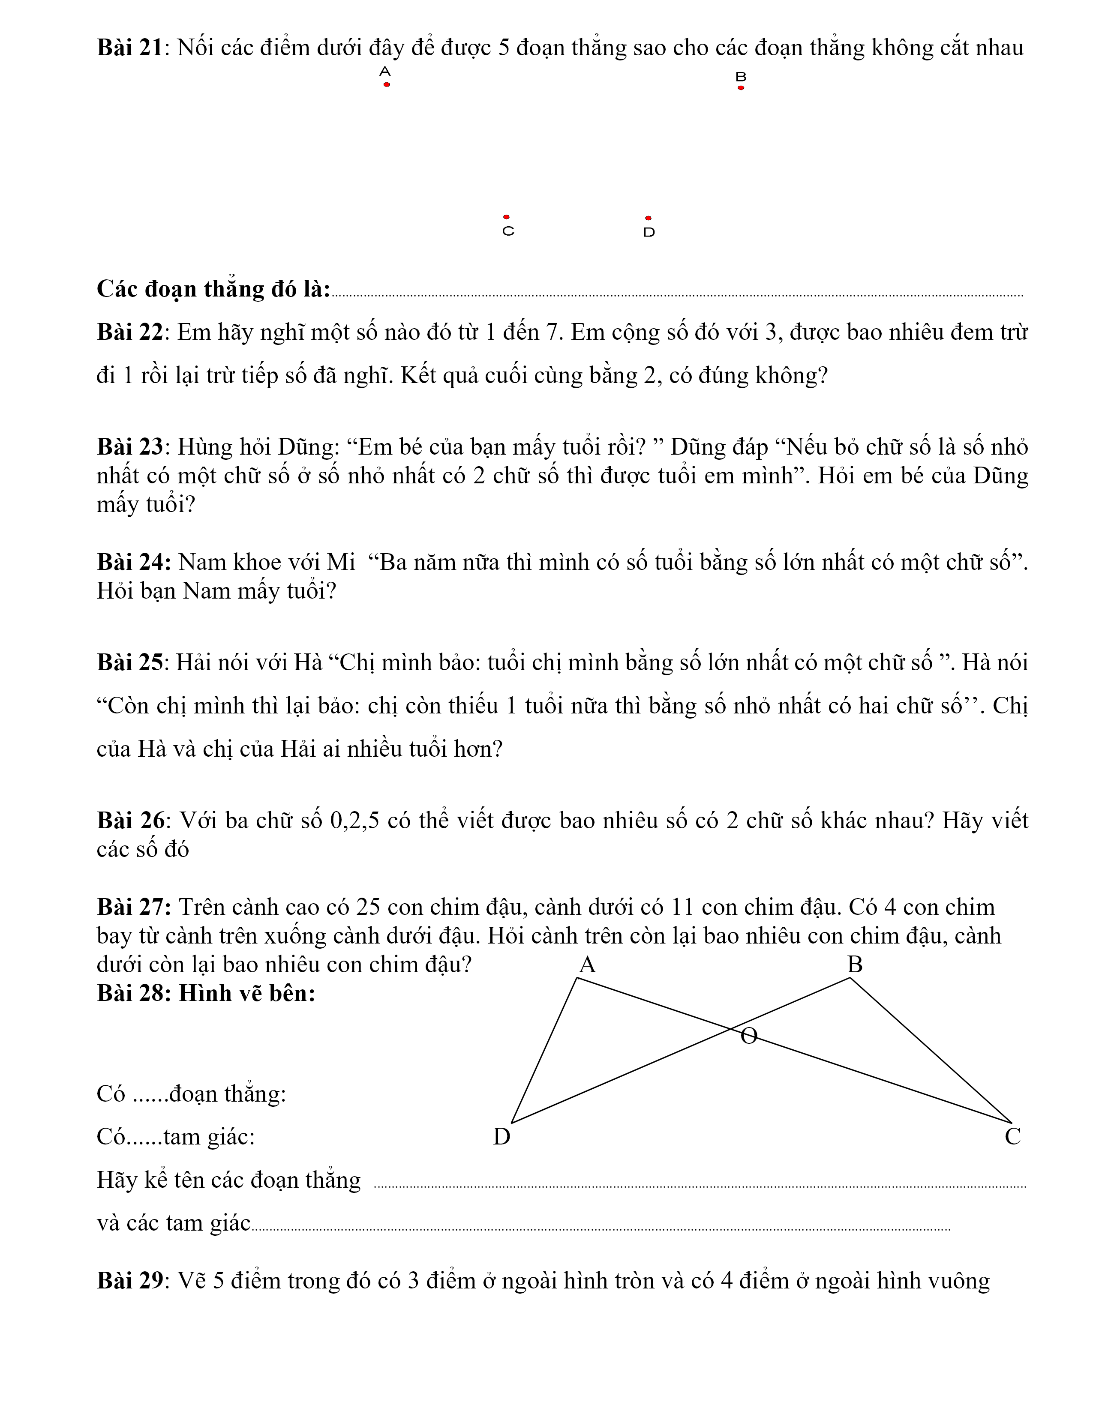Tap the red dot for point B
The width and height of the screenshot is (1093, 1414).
741,88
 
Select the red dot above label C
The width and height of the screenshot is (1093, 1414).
506,217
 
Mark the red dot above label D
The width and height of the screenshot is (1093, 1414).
648,218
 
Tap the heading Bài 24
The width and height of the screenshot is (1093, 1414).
133,562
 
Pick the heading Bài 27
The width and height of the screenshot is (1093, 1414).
133,907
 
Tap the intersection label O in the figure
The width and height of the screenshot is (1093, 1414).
748,1037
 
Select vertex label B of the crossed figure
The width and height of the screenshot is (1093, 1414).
855,965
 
